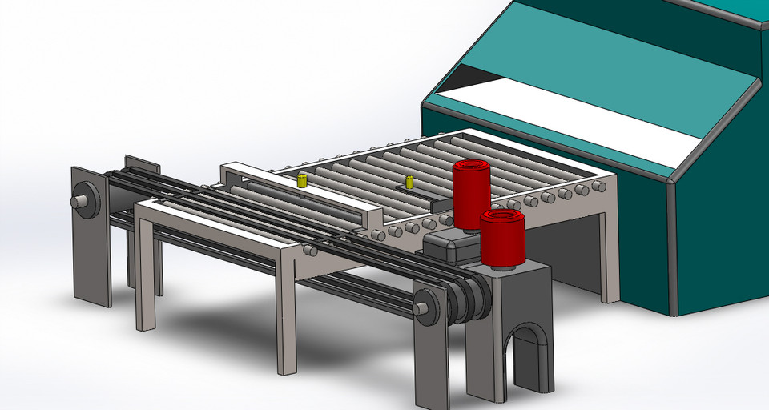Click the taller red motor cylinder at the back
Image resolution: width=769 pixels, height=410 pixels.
(471, 192)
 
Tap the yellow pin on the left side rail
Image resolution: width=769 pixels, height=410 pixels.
(302, 180)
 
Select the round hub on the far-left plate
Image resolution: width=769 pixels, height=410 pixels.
(83, 201)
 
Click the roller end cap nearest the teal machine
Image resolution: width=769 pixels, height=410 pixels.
(598, 187)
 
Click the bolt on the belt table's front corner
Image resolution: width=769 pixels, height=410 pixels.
(310, 251)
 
